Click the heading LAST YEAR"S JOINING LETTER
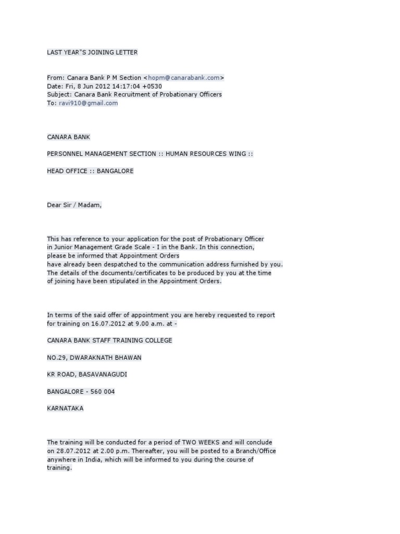coord(92,52)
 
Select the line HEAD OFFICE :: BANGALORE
coord(90,171)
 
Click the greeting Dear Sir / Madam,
coord(74,205)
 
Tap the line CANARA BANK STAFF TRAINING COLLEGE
coord(109,341)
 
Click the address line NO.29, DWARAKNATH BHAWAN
coord(94,358)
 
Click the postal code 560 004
coord(104,392)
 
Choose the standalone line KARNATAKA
coord(65,409)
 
